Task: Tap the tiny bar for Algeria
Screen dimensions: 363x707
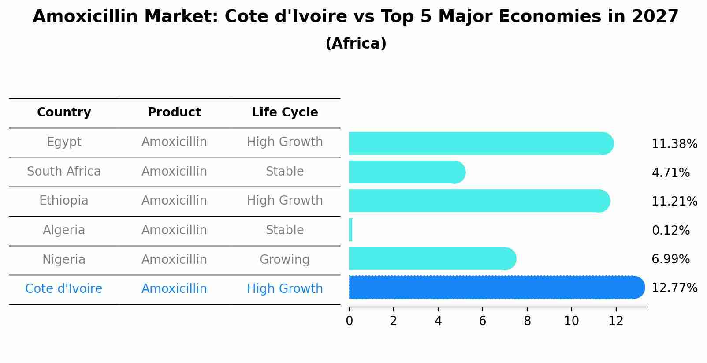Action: (x=350, y=230)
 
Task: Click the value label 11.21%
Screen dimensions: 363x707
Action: (x=674, y=202)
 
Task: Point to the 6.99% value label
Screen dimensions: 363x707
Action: (x=670, y=259)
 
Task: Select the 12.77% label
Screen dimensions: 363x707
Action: (x=674, y=288)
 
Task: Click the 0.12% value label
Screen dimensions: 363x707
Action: (x=670, y=231)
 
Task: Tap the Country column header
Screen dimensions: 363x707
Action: (x=64, y=112)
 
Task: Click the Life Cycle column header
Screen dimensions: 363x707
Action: (x=285, y=112)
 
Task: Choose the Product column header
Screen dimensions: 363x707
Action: (x=174, y=112)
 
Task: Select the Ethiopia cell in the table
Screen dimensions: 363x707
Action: (x=64, y=201)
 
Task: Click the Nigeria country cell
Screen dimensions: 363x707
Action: (x=64, y=260)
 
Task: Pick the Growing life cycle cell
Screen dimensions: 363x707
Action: (x=284, y=260)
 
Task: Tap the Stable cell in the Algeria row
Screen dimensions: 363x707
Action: (x=284, y=230)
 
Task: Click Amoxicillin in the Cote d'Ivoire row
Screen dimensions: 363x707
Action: (x=174, y=289)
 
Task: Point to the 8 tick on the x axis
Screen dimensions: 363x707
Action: (x=527, y=321)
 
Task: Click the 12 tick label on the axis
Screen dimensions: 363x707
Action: (x=616, y=321)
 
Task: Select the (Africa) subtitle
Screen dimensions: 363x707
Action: (x=356, y=44)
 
